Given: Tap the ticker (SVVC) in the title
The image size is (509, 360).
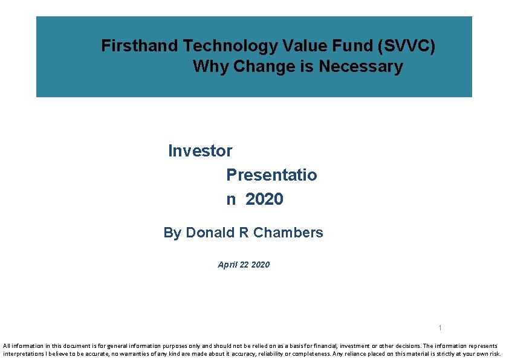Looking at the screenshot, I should [x=408, y=46].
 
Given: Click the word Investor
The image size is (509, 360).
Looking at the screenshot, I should [x=200, y=150].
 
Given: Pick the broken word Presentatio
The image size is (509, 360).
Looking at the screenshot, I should [x=271, y=175].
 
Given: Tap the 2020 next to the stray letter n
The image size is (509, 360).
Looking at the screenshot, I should [x=264, y=199].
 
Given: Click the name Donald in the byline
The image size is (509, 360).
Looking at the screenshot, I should [x=211, y=233].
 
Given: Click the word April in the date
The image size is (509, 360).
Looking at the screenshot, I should [x=229, y=265].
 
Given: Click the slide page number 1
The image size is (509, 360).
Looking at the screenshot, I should [x=440, y=328].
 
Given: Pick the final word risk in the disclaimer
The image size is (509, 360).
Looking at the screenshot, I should [x=494, y=354].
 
